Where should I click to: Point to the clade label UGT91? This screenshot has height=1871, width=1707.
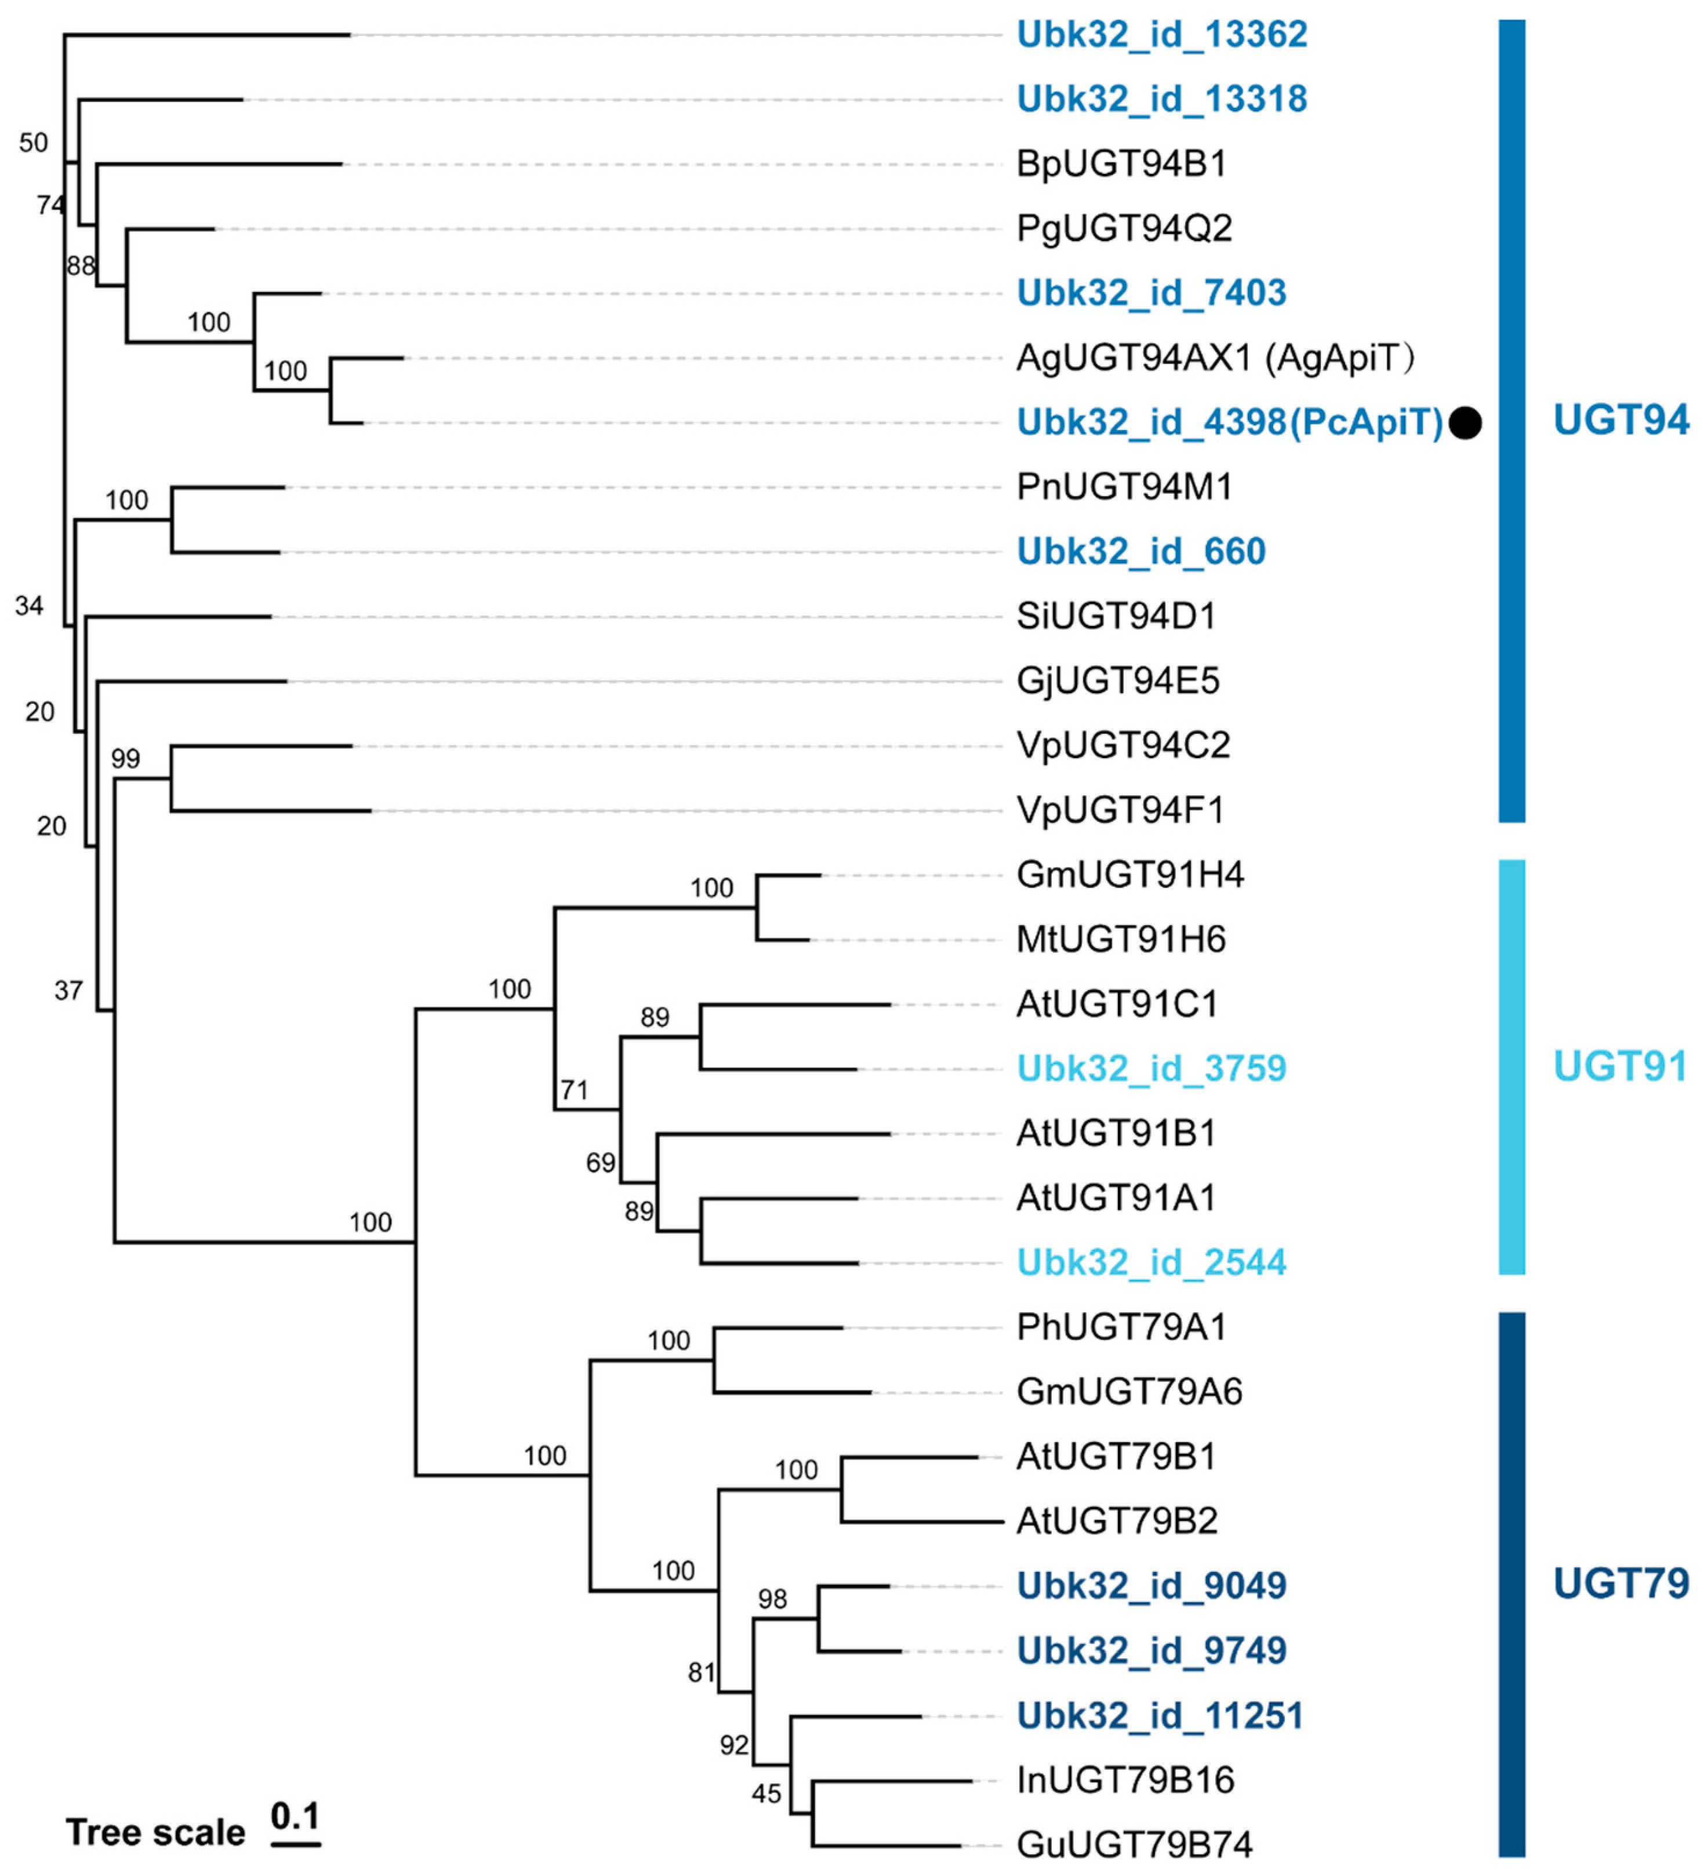(x=1620, y=1067)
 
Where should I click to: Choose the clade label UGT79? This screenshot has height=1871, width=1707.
(x=1621, y=1584)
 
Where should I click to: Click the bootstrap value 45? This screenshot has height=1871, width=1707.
(x=766, y=1794)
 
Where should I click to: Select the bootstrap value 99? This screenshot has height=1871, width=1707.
(x=125, y=759)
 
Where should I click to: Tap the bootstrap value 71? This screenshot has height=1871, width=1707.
(x=575, y=1090)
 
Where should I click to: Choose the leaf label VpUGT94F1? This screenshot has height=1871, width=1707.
(x=1120, y=811)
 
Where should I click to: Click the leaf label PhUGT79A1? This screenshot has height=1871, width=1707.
(x=1121, y=1328)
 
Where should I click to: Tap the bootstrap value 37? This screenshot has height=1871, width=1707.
(x=68, y=991)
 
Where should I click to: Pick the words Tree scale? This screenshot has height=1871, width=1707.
(x=155, y=1833)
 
